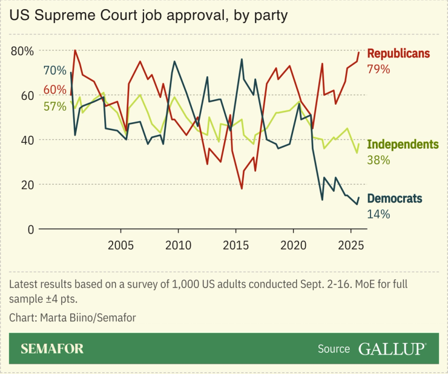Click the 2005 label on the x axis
click(x=120, y=246)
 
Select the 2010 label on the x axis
click(x=178, y=246)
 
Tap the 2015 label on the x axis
click(x=236, y=246)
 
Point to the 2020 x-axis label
click(x=293, y=246)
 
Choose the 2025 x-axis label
click(x=351, y=246)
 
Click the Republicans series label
click(x=398, y=54)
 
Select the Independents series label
click(x=403, y=145)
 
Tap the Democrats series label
click(x=395, y=198)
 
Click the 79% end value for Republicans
click(x=378, y=69)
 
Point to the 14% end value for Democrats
click(x=378, y=214)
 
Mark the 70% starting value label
click(x=54, y=70)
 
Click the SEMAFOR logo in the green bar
click(x=52, y=349)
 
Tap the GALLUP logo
click(x=392, y=349)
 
